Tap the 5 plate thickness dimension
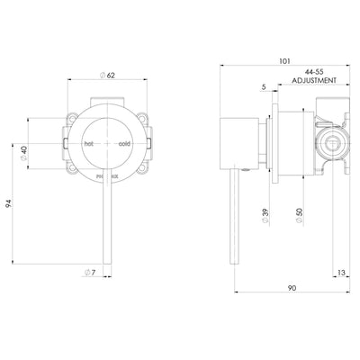pos(263,86)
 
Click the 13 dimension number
pos(343,271)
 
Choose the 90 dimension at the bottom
pos(294,288)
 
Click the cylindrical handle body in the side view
pos(239,142)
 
